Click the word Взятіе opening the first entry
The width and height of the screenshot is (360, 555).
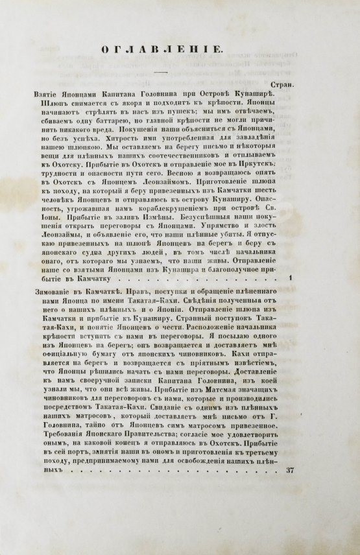pyautogui.click(x=47, y=95)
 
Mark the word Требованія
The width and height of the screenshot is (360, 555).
pyautogui.click(x=62, y=447)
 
